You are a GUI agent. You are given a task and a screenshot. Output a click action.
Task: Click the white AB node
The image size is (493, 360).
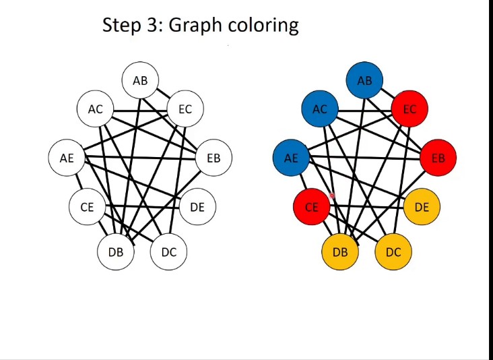tap(140, 81)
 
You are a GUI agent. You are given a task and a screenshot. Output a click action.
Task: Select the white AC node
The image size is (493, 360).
tap(96, 109)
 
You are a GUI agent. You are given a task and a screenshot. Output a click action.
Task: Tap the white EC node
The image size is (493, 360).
tap(185, 109)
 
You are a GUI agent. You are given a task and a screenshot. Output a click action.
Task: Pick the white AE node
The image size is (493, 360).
tap(67, 158)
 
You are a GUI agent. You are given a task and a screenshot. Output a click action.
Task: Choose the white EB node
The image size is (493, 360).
tap(213, 158)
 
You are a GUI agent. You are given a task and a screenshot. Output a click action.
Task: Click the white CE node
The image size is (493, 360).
tap(87, 207)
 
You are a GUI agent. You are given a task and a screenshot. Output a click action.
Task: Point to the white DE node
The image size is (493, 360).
tap(197, 207)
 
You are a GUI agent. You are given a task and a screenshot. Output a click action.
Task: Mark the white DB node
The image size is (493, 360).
tap(116, 252)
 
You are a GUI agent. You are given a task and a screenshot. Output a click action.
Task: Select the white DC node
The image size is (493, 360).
tap(168, 252)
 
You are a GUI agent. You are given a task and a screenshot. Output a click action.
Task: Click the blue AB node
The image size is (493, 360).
tap(364, 81)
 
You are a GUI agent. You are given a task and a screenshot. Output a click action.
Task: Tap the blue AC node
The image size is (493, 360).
tap(320, 109)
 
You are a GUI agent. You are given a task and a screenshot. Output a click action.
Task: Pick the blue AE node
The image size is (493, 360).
tap(291, 158)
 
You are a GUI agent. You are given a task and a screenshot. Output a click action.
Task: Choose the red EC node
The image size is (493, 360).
tap(409, 109)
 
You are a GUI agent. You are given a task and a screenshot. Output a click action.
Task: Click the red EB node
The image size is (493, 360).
tap(438, 158)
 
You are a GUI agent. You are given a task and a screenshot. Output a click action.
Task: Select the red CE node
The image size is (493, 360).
tap(311, 207)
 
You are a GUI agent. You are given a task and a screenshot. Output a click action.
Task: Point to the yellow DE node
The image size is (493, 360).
tap(422, 207)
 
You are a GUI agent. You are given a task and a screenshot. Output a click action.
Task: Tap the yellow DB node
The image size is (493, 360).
tap(340, 252)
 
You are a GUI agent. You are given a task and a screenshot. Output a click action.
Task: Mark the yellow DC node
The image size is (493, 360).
tap(393, 252)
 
